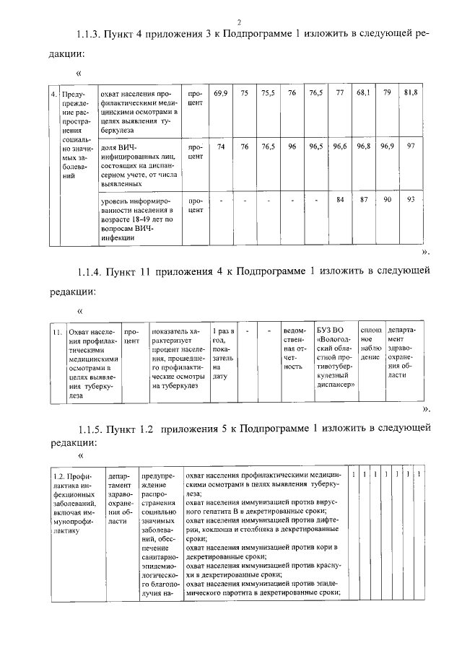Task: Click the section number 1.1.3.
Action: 91,35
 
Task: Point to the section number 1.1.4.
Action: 91,272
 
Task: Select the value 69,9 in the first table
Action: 221,93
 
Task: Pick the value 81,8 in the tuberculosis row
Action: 411,93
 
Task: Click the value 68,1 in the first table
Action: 363,93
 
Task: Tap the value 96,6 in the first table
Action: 340,146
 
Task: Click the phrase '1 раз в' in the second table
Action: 225,330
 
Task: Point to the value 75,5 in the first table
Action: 268,93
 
